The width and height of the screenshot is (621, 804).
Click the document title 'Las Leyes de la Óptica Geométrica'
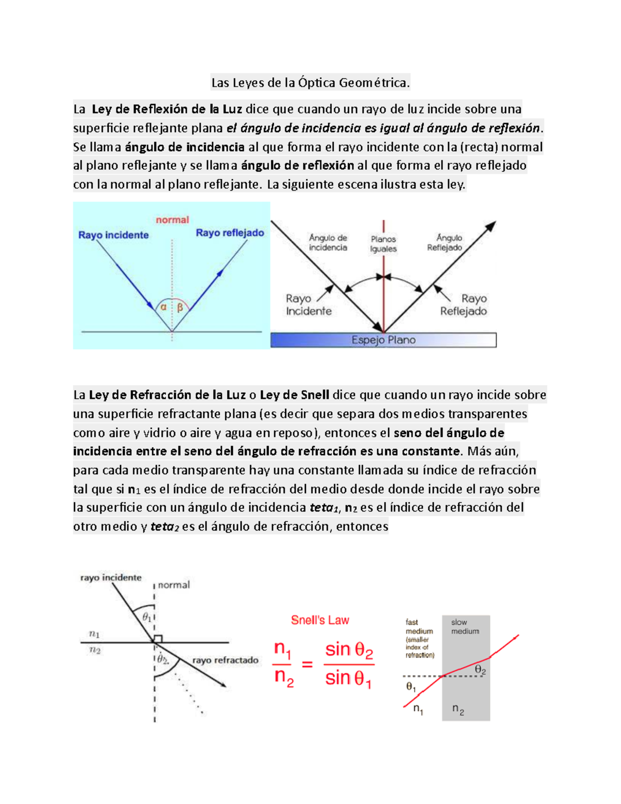[x=310, y=83]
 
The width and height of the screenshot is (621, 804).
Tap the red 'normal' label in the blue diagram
[x=172, y=220]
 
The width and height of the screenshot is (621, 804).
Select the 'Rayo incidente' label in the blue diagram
[x=113, y=235]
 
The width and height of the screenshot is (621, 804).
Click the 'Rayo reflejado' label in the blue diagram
[x=230, y=233]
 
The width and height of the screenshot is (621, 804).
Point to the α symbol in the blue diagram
[x=164, y=307]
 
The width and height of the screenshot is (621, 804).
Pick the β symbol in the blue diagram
[x=180, y=308]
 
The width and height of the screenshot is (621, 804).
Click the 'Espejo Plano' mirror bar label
[x=383, y=340]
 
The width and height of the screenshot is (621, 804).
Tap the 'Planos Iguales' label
[x=383, y=244]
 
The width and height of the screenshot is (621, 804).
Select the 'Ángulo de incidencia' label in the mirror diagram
[x=328, y=243]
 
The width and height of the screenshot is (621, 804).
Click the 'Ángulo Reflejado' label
[x=445, y=243]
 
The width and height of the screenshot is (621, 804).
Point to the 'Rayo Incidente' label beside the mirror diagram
[x=308, y=305]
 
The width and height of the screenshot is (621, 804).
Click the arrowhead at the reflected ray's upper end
[x=492, y=225]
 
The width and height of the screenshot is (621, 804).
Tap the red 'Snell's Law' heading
[x=320, y=620]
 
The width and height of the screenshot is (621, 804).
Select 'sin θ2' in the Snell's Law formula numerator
[x=349, y=650]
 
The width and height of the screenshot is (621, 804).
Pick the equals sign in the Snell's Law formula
[x=307, y=664]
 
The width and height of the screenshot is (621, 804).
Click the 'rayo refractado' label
[x=225, y=660]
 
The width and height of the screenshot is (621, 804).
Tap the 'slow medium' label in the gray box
[x=465, y=627]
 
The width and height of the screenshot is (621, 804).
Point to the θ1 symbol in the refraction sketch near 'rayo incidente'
[x=147, y=618]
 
